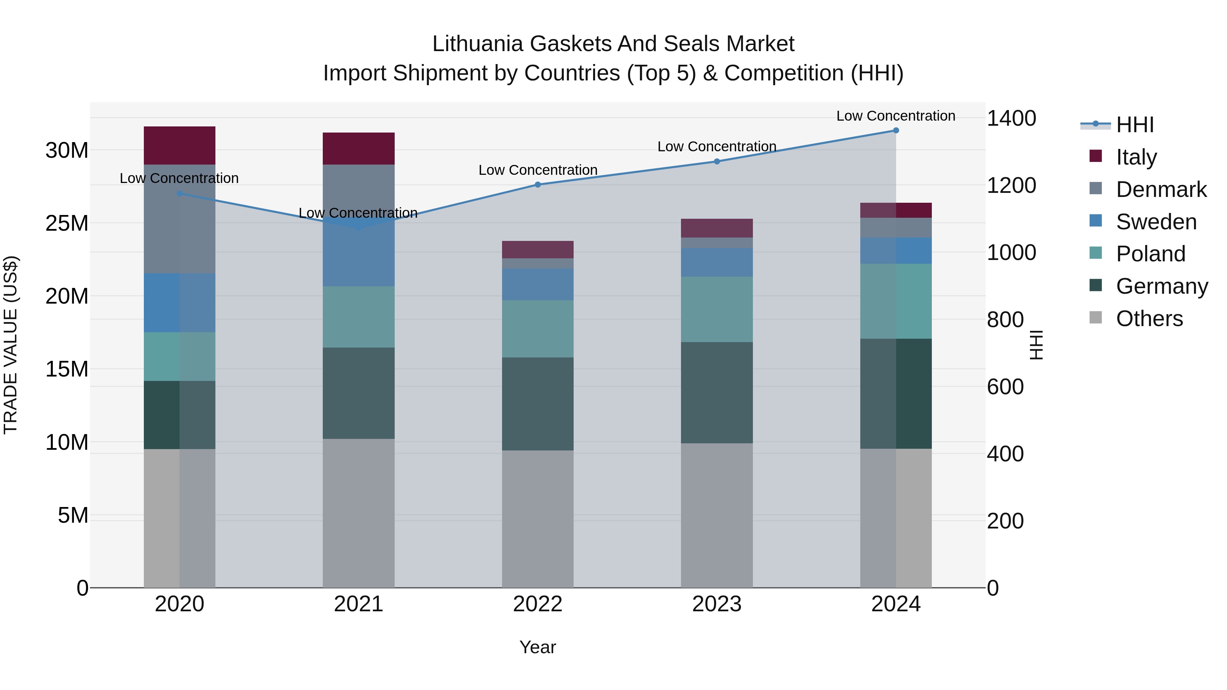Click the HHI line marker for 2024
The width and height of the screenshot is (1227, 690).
(x=895, y=131)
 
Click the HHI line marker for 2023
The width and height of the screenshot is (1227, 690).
(x=717, y=162)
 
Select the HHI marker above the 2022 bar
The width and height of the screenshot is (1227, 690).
(x=538, y=185)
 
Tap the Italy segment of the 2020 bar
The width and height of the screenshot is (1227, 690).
(x=180, y=145)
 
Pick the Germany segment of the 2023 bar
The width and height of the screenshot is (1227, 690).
(x=717, y=393)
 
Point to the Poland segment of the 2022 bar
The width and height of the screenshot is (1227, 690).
(x=538, y=328)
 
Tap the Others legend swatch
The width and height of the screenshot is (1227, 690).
(x=1095, y=318)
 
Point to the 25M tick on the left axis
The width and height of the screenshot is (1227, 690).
(x=67, y=223)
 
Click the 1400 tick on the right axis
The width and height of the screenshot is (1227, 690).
(x=1011, y=118)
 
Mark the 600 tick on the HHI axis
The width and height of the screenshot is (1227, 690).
(x=1005, y=387)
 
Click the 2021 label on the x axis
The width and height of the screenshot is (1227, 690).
(x=359, y=604)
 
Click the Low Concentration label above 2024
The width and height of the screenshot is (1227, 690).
(x=895, y=116)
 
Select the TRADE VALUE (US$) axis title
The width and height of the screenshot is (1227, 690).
(x=11, y=345)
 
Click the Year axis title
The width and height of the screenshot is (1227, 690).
(x=538, y=647)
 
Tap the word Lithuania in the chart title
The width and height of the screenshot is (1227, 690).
(x=478, y=44)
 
